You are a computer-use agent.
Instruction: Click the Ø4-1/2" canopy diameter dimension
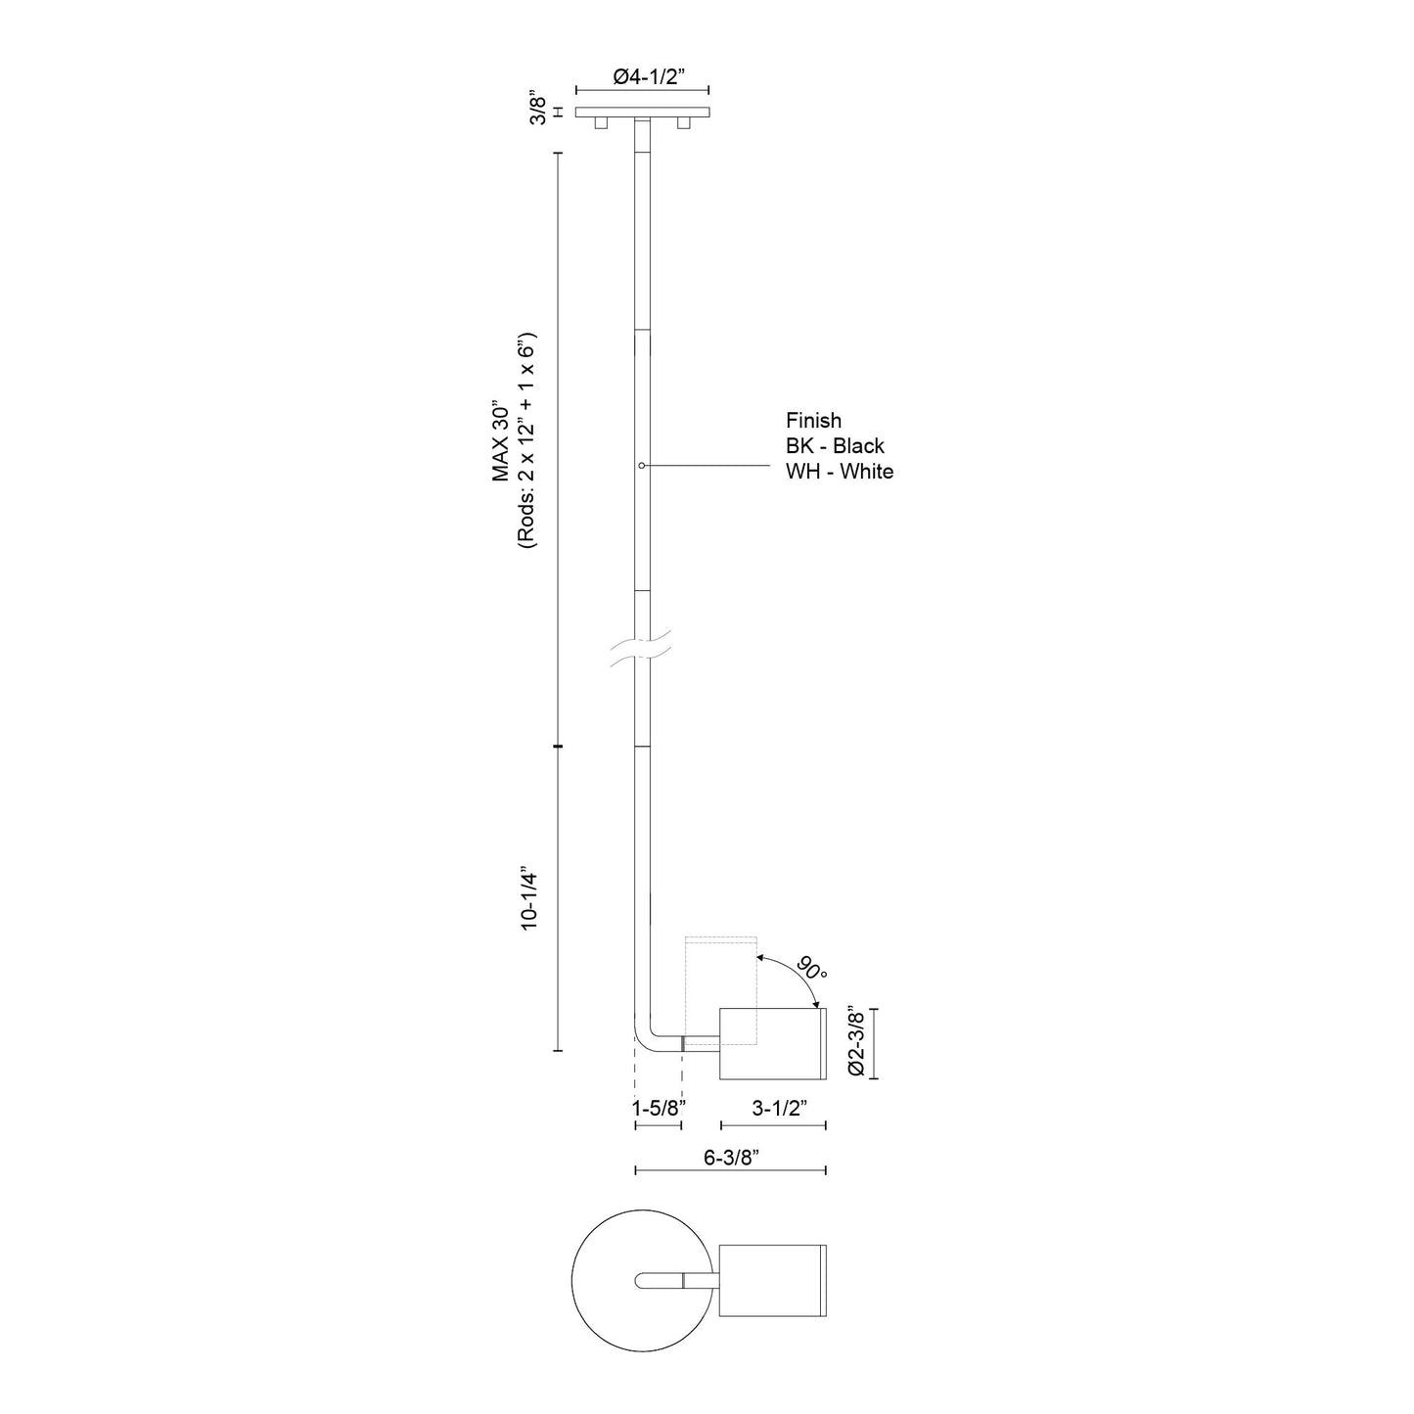click(x=642, y=77)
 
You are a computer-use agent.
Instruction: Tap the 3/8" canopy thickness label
click(x=537, y=108)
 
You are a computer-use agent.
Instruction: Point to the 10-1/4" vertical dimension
click(x=529, y=896)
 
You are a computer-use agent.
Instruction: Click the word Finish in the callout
click(x=813, y=421)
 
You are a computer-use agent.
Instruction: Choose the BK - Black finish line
click(x=835, y=446)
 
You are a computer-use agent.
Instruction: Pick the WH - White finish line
click(x=840, y=472)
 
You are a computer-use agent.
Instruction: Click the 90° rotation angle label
click(x=811, y=970)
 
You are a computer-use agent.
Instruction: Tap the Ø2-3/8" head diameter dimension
click(x=856, y=1043)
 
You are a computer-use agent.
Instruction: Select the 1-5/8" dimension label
click(x=659, y=1108)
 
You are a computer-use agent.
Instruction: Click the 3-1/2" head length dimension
click(x=778, y=1108)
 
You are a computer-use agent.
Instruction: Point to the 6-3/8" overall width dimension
click(x=732, y=1157)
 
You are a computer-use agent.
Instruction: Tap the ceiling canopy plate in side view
click(x=642, y=113)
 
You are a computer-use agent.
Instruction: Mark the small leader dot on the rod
click(x=641, y=466)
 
